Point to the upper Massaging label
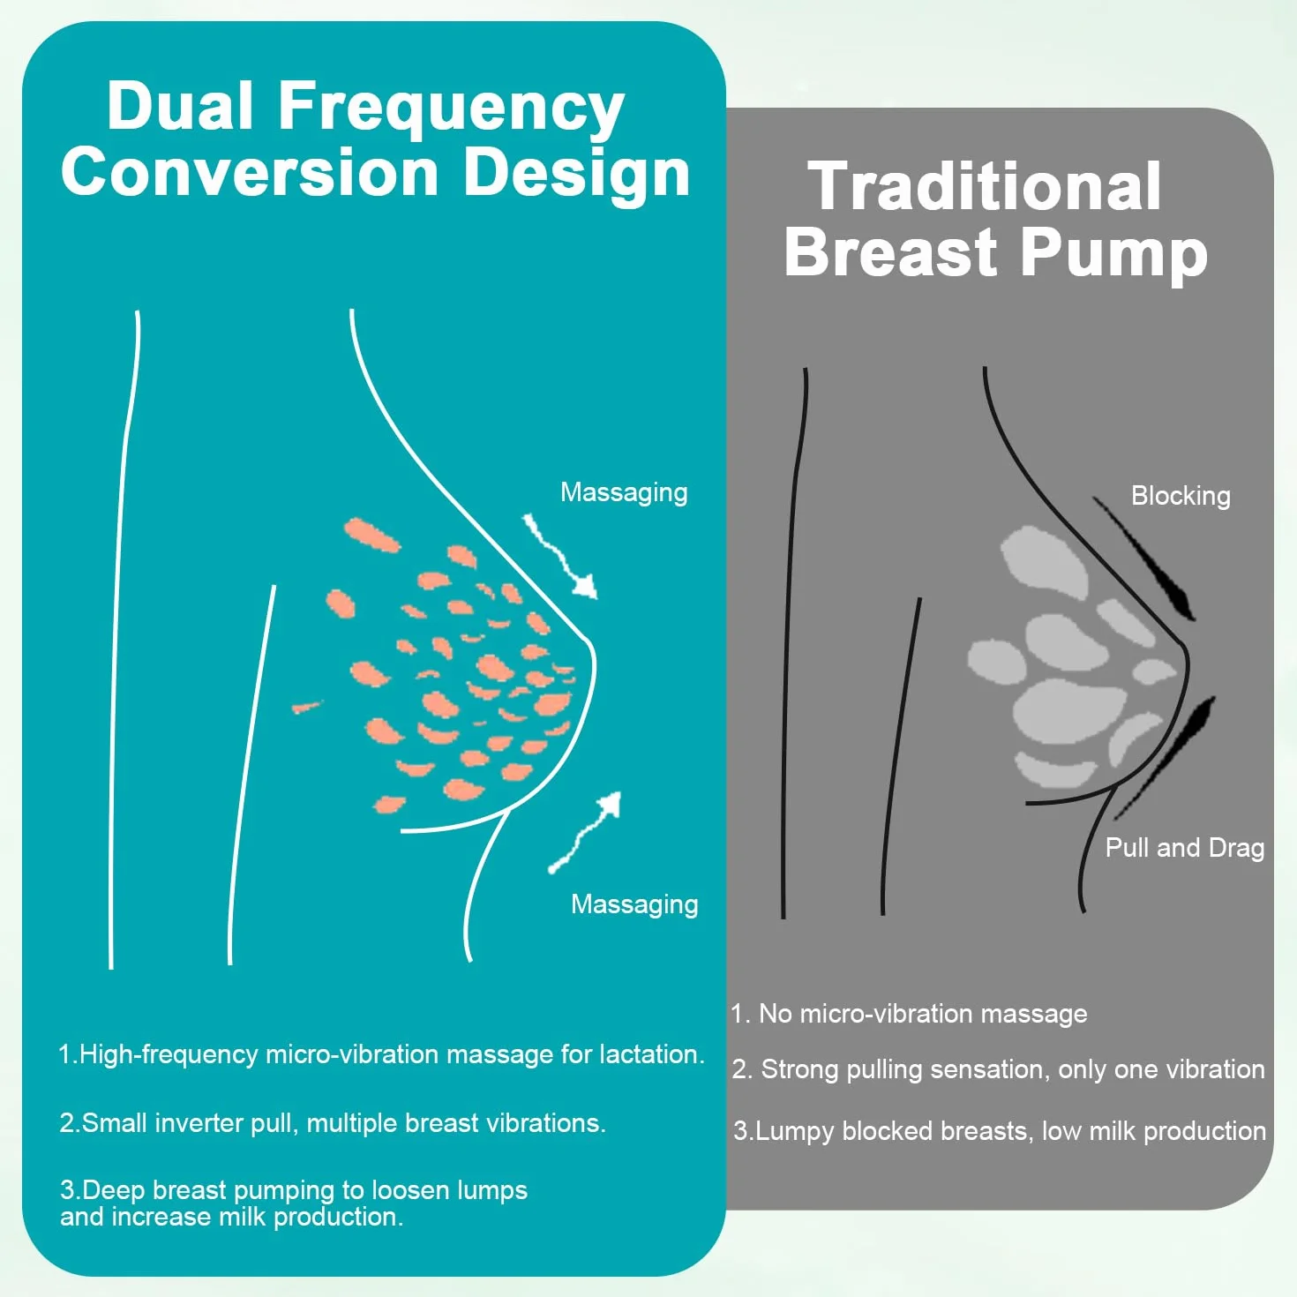pyautogui.click(x=624, y=492)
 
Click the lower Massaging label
pyautogui.click(x=634, y=904)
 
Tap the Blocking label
pyautogui.click(x=1181, y=496)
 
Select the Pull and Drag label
pyautogui.click(x=1185, y=847)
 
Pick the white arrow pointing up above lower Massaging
pyautogui.click(x=582, y=834)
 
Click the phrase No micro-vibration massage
pyautogui.click(x=923, y=1014)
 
